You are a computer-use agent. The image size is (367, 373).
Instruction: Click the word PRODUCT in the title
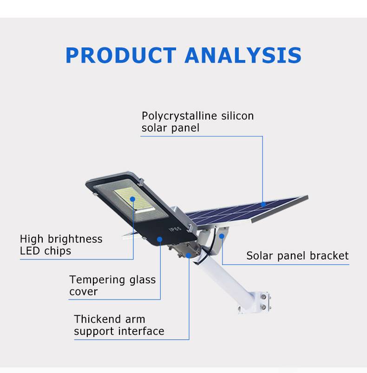(121, 55)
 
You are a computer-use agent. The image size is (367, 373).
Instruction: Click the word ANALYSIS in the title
(243, 55)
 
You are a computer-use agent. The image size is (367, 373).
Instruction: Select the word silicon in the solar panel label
(237, 116)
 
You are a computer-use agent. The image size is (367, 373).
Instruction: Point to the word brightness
(75, 239)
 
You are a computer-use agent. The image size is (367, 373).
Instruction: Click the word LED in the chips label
(30, 251)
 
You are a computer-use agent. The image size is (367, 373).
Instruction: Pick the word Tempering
(97, 280)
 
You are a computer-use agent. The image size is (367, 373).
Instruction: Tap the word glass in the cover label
(143, 280)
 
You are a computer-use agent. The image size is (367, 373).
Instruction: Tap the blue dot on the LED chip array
(132, 199)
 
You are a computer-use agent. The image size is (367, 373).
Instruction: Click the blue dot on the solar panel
(263, 204)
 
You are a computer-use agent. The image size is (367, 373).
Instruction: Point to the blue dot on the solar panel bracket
(222, 236)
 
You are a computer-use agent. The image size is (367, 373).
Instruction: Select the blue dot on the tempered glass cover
(160, 240)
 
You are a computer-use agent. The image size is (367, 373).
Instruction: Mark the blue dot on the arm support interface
(188, 255)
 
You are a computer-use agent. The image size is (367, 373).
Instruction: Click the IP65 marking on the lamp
(175, 229)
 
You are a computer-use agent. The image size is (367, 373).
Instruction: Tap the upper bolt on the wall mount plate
(263, 297)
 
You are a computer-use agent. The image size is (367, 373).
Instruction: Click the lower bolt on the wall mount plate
(263, 307)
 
